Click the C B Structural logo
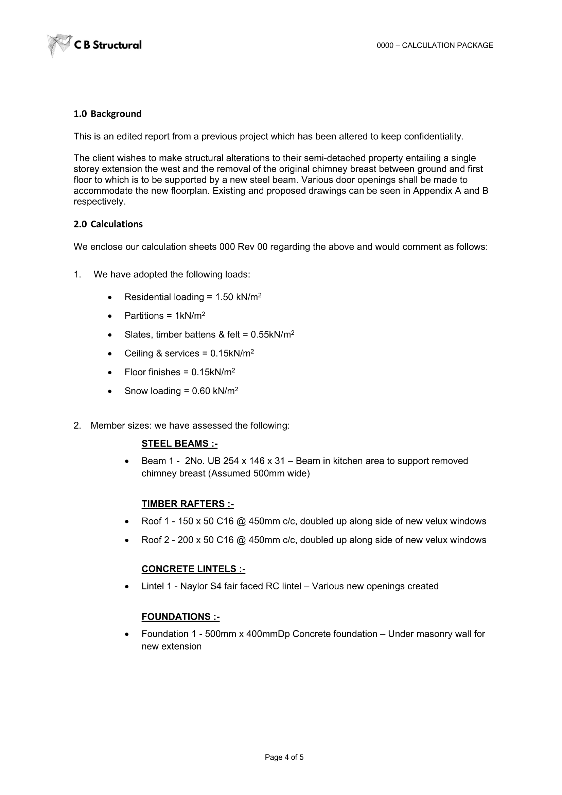click(94, 45)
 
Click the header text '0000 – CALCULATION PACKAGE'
click(435, 45)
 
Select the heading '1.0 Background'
click(107, 114)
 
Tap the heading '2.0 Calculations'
click(108, 224)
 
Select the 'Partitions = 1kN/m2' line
click(165, 316)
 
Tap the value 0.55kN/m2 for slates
click(273, 334)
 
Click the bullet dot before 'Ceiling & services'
click(110, 354)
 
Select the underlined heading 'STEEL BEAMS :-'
click(179, 444)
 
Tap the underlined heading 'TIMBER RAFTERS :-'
click(188, 504)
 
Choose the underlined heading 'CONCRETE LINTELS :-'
click(193, 569)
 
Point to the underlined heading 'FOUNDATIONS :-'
click(180, 617)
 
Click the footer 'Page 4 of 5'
click(284, 757)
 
